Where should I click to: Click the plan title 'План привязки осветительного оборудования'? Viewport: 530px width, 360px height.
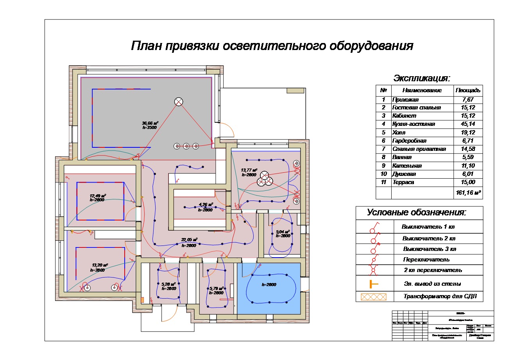pyautogui.click(x=272, y=46)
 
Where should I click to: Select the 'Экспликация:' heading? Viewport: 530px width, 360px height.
pyautogui.click(x=422, y=78)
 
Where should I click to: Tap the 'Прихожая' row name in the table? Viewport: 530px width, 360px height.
pyautogui.click(x=405, y=100)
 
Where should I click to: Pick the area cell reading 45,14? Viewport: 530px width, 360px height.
pyautogui.click(x=467, y=124)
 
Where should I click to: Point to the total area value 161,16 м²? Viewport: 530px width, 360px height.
pyautogui.click(x=468, y=193)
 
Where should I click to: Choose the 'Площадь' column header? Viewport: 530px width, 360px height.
pyautogui.click(x=468, y=90)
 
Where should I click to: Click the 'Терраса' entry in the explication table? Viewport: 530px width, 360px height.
pyautogui.click(x=403, y=182)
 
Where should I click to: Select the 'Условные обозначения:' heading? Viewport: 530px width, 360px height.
pyautogui.click(x=417, y=213)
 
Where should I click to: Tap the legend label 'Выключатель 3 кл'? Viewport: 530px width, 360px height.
pyautogui.click(x=430, y=249)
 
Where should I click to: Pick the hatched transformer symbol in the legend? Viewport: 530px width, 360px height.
pyautogui.click(x=373, y=297)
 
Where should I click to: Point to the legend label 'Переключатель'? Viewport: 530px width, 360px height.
pyautogui.click(x=426, y=260)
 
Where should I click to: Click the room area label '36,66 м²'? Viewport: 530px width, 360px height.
pyautogui.click(x=150, y=123)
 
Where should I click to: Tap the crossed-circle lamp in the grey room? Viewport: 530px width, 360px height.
pyautogui.click(x=179, y=102)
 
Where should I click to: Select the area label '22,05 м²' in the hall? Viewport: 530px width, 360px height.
pyautogui.click(x=189, y=240)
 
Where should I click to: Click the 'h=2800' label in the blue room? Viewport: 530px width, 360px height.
pyautogui.click(x=269, y=285)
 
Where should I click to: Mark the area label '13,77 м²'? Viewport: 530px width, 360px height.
pyautogui.click(x=249, y=170)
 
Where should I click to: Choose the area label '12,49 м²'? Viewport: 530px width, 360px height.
pyautogui.click(x=98, y=196)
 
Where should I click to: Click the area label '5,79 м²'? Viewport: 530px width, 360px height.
pyautogui.click(x=216, y=288)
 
